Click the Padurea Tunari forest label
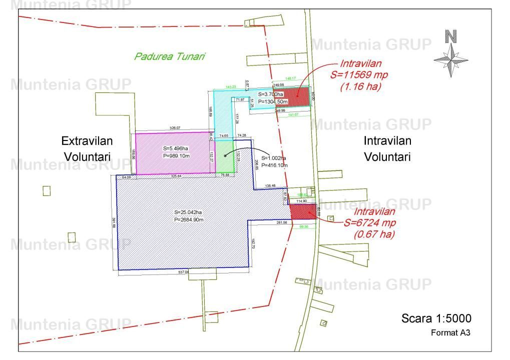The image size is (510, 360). point(170,56)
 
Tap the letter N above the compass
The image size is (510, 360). point(451,36)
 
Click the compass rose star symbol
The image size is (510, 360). point(451,60)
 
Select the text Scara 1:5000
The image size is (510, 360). point(436,318)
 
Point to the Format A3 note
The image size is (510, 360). point(450,332)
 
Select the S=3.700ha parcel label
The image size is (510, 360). point(271,94)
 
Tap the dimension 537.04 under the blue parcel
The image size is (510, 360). point(184,272)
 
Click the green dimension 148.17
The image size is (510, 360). point(291,78)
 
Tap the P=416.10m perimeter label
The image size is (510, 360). point(273,165)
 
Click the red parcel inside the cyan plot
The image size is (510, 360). point(291,96)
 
